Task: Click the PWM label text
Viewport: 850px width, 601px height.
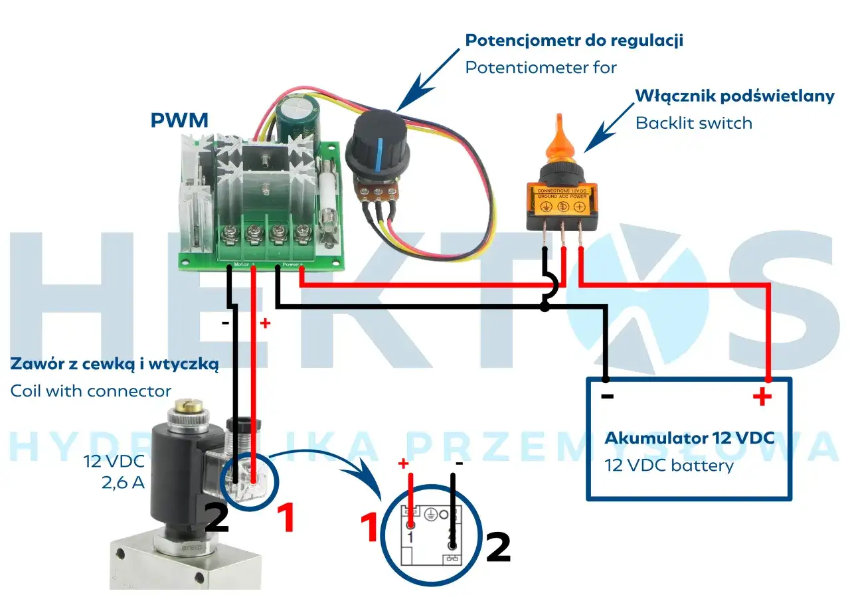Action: [179, 120]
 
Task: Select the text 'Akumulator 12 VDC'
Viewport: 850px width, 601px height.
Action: [689, 439]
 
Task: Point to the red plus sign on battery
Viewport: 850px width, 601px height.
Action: [762, 398]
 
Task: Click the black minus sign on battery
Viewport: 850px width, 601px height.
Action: [607, 397]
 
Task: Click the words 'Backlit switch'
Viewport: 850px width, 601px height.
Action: [694, 123]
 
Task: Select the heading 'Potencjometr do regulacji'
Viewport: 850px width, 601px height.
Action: [574, 41]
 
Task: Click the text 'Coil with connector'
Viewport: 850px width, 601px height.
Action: [91, 391]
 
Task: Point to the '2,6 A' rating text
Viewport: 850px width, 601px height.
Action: [123, 483]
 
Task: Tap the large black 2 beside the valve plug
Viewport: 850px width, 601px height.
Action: [216, 518]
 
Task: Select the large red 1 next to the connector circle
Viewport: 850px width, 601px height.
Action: [369, 528]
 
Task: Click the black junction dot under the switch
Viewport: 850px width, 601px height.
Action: [545, 307]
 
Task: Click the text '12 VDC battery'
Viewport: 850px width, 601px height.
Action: [669, 465]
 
